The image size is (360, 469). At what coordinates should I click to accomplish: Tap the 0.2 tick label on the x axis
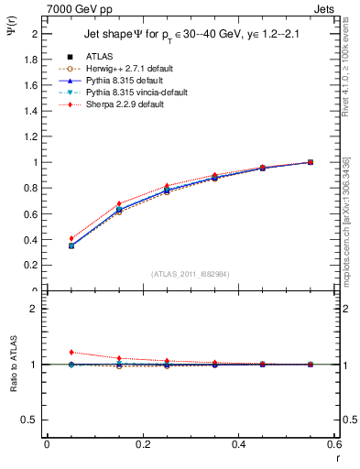(142, 444)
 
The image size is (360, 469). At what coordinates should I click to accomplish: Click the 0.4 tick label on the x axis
(239, 444)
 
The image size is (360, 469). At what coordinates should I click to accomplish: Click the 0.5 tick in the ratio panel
(32, 420)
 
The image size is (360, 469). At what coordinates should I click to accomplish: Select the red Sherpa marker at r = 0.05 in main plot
(71, 238)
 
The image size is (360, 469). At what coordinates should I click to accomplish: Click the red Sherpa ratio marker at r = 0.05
(71, 352)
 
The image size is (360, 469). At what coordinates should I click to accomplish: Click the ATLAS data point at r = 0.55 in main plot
(311, 162)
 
